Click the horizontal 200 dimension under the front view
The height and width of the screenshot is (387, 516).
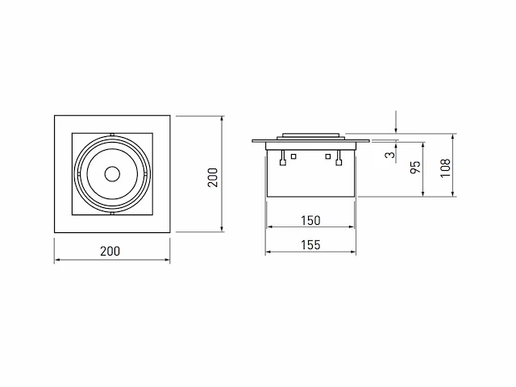(110, 252)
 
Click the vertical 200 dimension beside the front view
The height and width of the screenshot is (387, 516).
(213, 177)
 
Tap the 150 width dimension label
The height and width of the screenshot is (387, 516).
(310, 220)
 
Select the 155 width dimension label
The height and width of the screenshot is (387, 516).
(310, 245)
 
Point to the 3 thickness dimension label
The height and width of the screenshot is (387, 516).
(389, 154)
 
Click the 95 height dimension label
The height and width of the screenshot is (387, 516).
(416, 167)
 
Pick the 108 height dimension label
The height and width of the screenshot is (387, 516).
(445, 169)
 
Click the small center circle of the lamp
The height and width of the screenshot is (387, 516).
(112, 174)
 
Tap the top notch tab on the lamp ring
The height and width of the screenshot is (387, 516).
(112, 135)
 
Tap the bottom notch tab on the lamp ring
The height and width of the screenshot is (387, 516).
(112, 214)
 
